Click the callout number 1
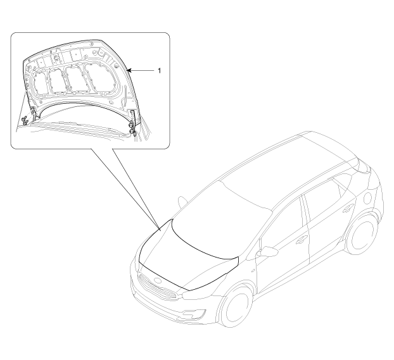coord(159,71)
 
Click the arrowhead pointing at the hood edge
coord(129,71)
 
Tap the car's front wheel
coord(237,308)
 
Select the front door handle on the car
coord(302,240)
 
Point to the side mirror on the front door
coord(267,251)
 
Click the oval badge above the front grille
coord(158,280)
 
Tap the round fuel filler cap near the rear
coord(367,198)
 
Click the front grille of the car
coord(157,286)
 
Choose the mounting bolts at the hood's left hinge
coord(25,120)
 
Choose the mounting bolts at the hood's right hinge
coord(132,128)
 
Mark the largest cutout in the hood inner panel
coord(96,78)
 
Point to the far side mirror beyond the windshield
coord(182,202)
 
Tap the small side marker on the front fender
coord(253,271)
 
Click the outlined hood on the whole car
coord(189,254)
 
